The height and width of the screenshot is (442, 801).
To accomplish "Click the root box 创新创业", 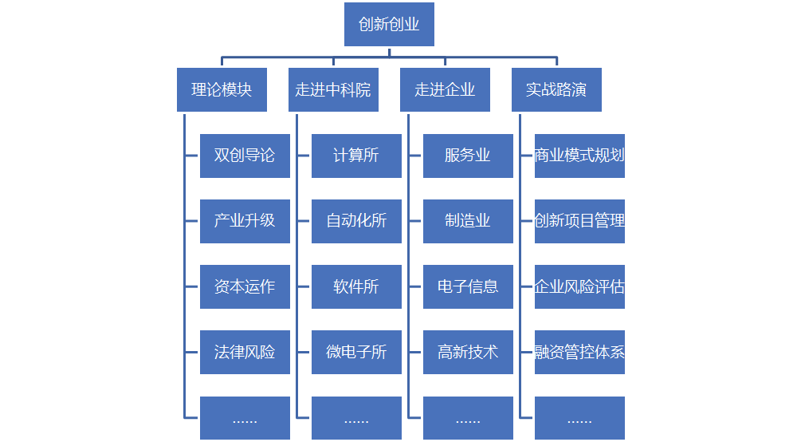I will [389, 25].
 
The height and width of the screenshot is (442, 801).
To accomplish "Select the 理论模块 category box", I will [222, 89].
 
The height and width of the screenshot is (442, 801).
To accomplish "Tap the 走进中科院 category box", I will [333, 89].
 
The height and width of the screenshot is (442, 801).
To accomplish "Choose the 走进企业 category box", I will [445, 89].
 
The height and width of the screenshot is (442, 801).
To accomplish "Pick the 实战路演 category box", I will [556, 89].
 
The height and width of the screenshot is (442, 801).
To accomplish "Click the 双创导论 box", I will [245, 156].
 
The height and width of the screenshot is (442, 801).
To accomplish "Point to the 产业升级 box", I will [245, 221].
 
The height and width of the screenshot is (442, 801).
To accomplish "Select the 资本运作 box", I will [245, 286].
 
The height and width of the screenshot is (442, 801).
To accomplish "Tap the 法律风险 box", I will [245, 352].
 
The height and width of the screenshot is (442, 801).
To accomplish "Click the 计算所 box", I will [356, 156].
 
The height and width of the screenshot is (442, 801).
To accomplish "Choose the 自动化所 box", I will [356, 221].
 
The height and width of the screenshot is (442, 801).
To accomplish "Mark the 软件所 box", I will [356, 286].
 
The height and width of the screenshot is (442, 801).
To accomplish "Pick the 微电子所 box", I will [356, 352].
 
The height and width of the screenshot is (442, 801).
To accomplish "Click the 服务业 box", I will [468, 156].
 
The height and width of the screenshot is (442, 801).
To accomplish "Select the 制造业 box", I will [468, 221].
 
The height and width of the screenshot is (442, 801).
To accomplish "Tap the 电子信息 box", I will [468, 286].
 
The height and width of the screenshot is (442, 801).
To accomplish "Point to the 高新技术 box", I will [468, 352].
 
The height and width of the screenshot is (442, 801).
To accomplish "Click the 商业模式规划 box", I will [579, 156].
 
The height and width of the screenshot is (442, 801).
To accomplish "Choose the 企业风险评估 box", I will [579, 286].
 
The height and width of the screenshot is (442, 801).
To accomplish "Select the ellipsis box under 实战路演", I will [579, 417].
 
